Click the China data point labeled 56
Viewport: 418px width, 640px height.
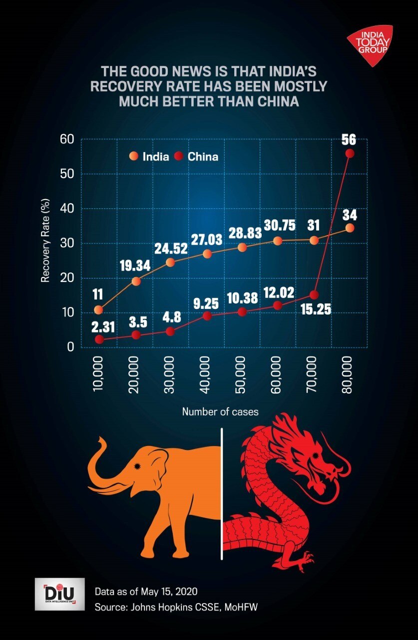point(350,153)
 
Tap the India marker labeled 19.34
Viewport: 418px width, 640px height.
point(135,281)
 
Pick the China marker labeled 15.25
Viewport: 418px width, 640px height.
point(314,295)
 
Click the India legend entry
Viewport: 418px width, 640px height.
point(150,156)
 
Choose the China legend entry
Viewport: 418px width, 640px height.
point(197,156)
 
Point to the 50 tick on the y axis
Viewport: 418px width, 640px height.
point(66,174)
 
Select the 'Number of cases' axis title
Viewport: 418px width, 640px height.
point(220,412)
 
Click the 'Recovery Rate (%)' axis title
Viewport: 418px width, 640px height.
point(45,243)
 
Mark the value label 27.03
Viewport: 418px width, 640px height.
point(207,238)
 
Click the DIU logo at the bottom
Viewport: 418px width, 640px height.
point(59,593)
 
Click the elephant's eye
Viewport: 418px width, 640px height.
point(136,466)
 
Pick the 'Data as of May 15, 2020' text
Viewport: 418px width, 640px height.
point(146,591)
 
